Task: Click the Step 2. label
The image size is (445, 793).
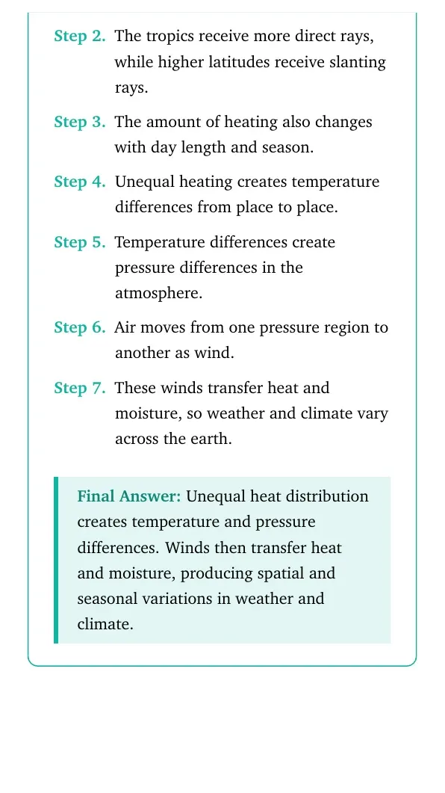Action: [80, 37]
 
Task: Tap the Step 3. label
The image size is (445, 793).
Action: [80, 122]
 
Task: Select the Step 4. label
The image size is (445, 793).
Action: [80, 182]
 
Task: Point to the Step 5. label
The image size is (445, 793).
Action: [80, 242]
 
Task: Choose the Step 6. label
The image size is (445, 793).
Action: [80, 327]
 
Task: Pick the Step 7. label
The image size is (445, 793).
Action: [80, 388]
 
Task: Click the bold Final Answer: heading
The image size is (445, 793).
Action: [129, 496]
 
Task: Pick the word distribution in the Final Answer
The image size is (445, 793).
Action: [327, 496]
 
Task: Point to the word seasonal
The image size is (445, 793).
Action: [107, 599]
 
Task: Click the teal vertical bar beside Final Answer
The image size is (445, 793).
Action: [56, 560]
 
